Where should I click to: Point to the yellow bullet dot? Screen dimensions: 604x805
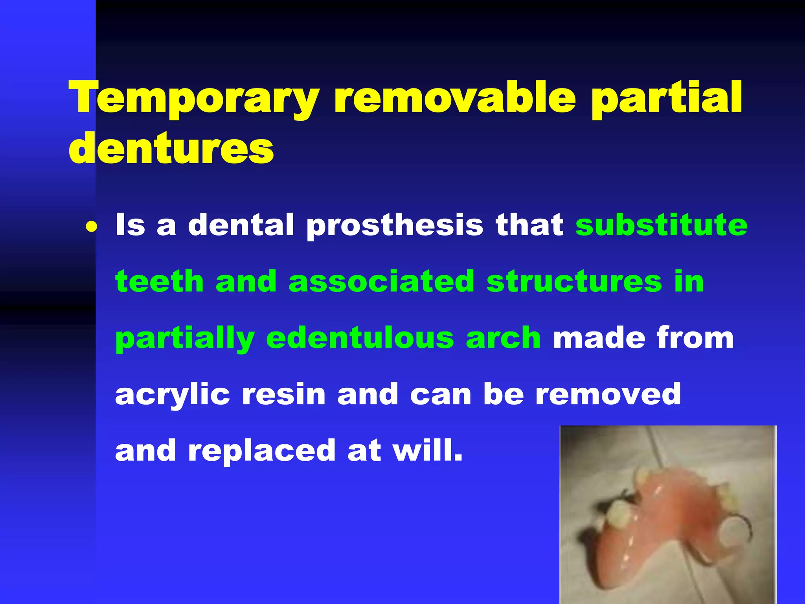click(x=91, y=227)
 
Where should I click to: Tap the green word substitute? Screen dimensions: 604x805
click(x=661, y=225)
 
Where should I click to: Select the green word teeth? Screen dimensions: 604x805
click(x=159, y=281)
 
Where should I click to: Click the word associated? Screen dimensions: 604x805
click(x=381, y=281)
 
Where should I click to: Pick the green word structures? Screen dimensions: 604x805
click(x=574, y=281)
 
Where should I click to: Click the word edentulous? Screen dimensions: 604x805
click(x=360, y=338)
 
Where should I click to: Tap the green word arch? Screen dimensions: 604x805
click(x=503, y=338)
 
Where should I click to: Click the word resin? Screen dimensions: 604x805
click(x=283, y=394)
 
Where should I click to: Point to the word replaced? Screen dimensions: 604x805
click(x=261, y=451)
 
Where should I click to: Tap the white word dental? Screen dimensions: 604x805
click(x=241, y=225)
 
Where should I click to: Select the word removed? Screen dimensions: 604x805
click(x=608, y=394)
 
